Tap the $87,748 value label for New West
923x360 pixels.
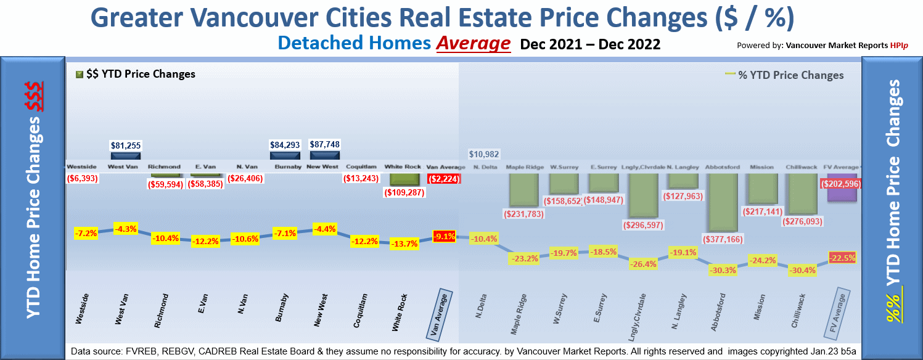click(x=324, y=144)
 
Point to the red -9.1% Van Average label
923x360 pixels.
click(x=445, y=235)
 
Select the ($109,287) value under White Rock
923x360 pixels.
click(x=405, y=192)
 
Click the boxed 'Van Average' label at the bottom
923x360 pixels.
click(x=440, y=314)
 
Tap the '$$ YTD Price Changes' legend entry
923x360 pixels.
click(x=135, y=74)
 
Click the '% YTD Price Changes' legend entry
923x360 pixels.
click(x=785, y=75)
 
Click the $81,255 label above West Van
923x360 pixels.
click(x=126, y=145)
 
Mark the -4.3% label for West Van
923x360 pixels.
click(x=126, y=228)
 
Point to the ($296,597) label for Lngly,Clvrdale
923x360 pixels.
click(x=644, y=225)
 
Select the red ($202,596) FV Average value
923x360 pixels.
click(x=840, y=184)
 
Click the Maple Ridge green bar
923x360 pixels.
click(x=524, y=190)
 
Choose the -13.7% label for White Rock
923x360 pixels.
click(x=404, y=243)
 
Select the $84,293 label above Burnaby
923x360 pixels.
click(x=285, y=145)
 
